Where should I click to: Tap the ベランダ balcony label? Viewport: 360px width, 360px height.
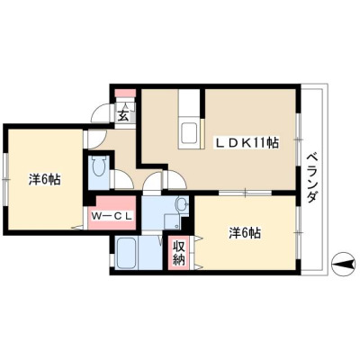tap(312, 178)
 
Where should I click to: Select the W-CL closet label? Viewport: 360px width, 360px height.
tap(112, 216)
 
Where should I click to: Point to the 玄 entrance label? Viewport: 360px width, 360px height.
tap(123, 115)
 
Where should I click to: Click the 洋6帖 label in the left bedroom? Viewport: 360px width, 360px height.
tap(45, 179)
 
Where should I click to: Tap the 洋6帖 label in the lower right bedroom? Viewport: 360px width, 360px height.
tap(245, 233)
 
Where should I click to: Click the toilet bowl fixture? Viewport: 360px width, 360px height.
tap(99, 167)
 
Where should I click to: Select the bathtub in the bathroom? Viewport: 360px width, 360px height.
tap(127, 253)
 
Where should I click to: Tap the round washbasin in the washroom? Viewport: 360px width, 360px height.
tap(181, 204)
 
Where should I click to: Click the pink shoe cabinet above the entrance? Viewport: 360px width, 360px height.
tap(126, 93)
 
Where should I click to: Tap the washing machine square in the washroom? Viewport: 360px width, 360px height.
tap(173, 222)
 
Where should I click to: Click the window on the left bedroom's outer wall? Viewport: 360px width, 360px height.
tap(5, 179)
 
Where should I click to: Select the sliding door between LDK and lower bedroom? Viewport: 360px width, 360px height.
tap(245, 193)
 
